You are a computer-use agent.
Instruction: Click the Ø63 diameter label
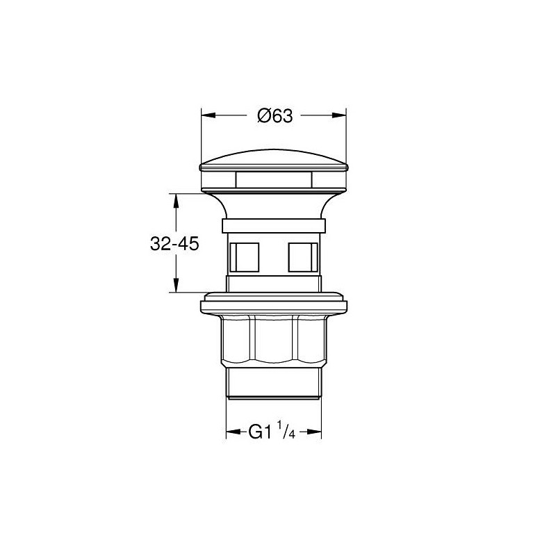point(275,115)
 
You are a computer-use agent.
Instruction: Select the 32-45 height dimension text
point(174,244)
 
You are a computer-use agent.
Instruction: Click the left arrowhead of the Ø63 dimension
point(208,115)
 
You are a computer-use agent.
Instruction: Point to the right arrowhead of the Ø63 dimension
point(339,115)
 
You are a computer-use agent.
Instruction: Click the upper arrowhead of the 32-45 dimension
point(176,201)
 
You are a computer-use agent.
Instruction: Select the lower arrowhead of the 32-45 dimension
point(176,285)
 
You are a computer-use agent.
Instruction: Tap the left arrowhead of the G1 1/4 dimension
point(234,432)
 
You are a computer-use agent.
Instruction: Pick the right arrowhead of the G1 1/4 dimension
point(314,432)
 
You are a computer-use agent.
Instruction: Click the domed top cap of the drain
point(274,158)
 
